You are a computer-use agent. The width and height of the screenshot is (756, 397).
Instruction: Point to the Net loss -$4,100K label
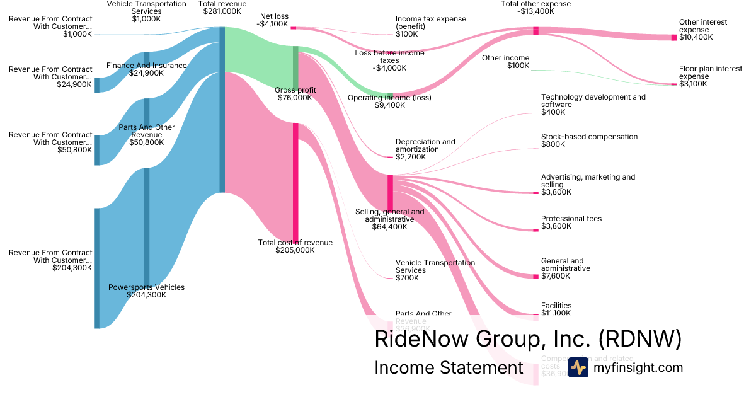(x=273, y=20)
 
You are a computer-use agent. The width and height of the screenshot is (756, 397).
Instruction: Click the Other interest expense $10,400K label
(x=703, y=30)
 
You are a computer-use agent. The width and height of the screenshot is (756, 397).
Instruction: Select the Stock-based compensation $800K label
(x=589, y=141)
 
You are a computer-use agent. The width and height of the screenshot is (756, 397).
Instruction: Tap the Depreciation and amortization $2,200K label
(x=425, y=149)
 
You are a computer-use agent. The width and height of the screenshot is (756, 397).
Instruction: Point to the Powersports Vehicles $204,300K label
(x=147, y=291)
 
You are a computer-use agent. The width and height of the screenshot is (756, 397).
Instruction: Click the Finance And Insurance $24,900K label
(x=147, y=69)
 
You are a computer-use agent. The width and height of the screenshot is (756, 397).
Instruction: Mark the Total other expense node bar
(x=535, y=31)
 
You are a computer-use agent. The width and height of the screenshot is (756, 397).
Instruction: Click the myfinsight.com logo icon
(x=578, y=367)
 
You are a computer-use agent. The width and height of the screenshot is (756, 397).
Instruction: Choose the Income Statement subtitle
(x=449, y=368)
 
